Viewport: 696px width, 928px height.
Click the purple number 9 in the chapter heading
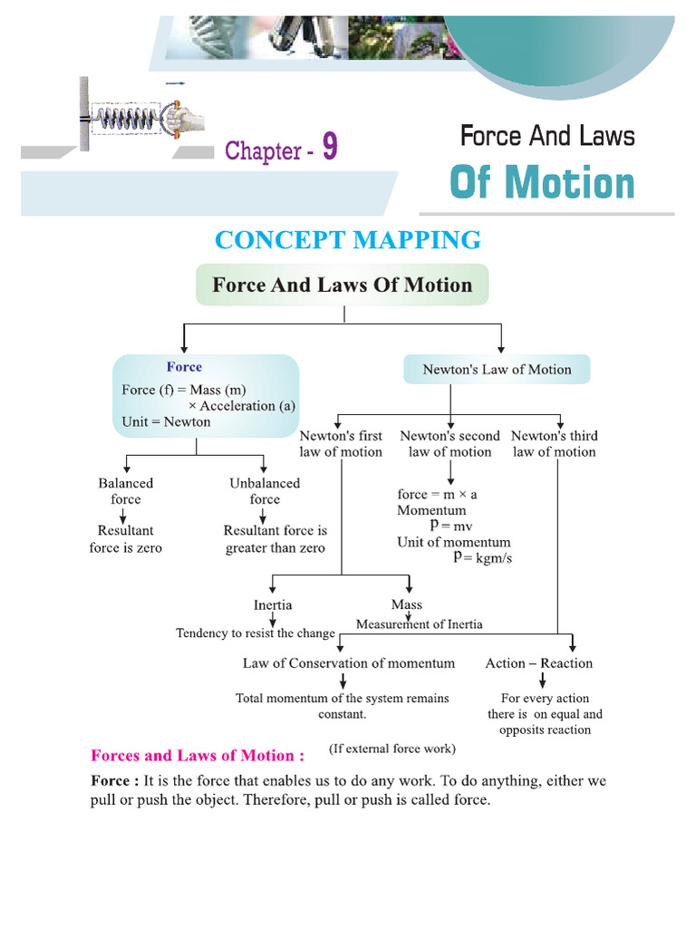point(329,147)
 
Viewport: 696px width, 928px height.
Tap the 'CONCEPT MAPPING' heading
point(348,240)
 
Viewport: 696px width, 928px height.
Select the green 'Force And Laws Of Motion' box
point(342,285)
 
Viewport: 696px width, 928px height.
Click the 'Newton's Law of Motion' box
point(497,370)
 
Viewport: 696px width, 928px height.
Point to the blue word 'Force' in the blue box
point(184,367)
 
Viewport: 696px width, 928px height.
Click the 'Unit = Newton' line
point(166,421)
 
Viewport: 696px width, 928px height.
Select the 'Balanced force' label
point(126,491)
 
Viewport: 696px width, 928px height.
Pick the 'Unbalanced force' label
point(265,491)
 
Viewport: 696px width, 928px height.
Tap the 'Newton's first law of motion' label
point(341,444)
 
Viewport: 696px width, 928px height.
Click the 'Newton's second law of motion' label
point(449,444)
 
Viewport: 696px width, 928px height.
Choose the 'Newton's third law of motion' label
point(555,444)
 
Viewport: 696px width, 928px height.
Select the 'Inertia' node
point(273,604)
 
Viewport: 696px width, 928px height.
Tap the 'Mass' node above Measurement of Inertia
point(407,604)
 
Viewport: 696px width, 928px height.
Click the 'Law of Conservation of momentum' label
point(349,663)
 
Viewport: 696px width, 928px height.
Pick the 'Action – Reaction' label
point(539,663)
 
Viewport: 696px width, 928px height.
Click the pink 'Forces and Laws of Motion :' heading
point(198,755)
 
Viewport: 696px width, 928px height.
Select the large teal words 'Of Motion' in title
point(542,183)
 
